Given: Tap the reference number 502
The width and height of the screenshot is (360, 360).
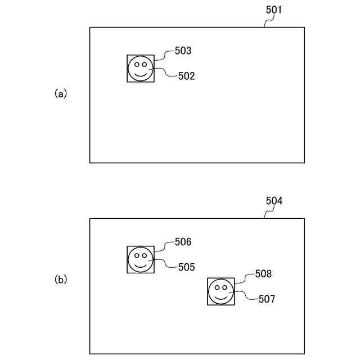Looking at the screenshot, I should [x=186, y=76].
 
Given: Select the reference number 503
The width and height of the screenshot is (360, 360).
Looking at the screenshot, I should [x=183, y=51].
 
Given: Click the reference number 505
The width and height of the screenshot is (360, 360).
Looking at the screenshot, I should [x=186, y=267].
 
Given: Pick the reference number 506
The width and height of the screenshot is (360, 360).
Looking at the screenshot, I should [x=183, y=242].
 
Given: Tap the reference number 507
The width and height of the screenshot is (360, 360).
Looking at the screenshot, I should [x=267, y=299].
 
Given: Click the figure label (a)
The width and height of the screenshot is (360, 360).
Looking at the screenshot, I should [x=60, y=94].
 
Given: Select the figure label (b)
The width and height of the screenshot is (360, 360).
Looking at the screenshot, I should [x=60, y=279].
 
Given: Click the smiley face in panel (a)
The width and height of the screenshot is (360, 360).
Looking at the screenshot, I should [x=140, y=69].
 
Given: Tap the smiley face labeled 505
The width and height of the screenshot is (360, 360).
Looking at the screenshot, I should [x=140, y=260].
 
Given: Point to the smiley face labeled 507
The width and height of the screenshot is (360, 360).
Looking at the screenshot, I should [x=220, y=291].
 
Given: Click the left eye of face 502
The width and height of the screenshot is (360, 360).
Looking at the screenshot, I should [x=136, y=64].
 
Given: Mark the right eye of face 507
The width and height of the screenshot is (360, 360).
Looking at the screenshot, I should [x=225, y=287].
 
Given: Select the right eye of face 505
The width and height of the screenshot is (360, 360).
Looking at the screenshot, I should [x=145, y=255].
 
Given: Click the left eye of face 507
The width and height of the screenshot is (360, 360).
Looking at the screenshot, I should [x=217, y=287].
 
